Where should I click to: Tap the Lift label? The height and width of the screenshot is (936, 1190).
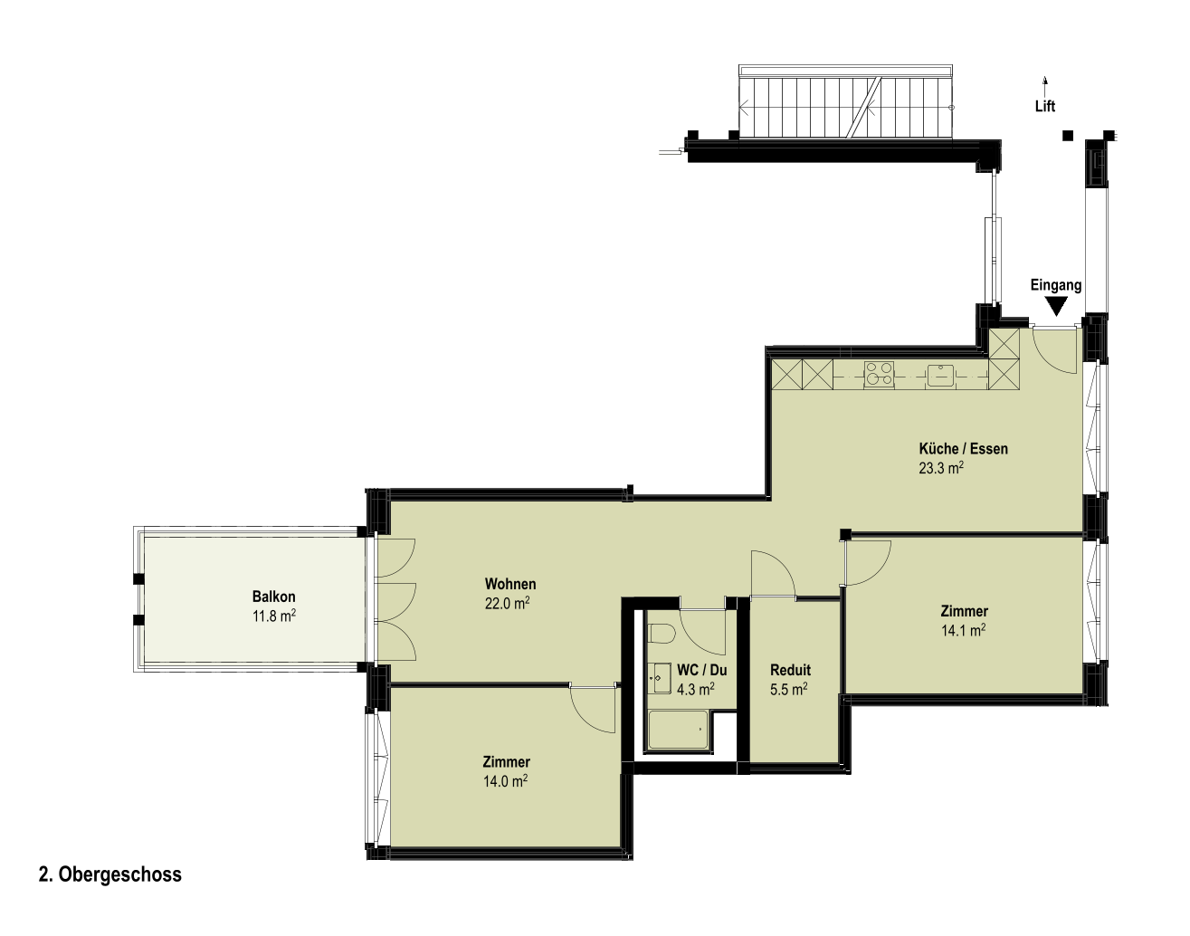(1045, 106)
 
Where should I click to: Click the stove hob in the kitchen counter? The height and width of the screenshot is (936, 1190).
(879, 373)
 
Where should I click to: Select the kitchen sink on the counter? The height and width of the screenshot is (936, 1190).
(939, 375)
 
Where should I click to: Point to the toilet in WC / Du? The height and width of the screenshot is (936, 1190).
(661, 634)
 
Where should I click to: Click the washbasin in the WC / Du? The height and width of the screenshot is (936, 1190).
(662, 677)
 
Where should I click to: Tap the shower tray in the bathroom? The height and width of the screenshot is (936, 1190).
(678, 729)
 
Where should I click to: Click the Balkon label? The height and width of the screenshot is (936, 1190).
(273, 597)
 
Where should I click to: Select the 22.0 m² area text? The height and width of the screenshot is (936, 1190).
(508, 603)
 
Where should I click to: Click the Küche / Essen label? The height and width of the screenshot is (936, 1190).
(963, 448)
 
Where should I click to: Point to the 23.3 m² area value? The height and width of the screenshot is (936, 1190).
(941, 468)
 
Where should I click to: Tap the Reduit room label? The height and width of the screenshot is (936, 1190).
(790, 670)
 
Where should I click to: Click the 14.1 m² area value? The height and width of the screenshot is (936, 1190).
(963, 630)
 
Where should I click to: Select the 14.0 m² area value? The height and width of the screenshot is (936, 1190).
(505, 781)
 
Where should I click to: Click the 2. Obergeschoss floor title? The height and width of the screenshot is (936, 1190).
(110, 874)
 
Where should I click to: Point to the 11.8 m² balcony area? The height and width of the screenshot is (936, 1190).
(274, 616)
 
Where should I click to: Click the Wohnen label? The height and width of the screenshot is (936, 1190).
(510, 584)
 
